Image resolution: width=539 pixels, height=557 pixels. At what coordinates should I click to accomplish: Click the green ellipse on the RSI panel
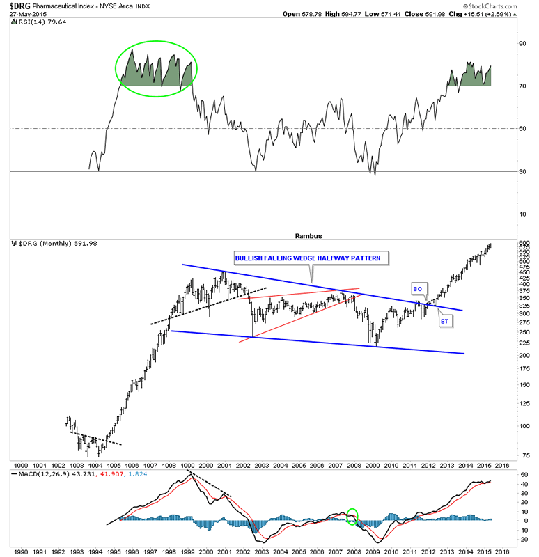pos(157,70)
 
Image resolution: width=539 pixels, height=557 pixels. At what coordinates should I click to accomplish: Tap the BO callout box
pos(419,288)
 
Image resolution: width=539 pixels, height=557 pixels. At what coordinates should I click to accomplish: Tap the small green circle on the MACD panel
pos(352,517)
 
